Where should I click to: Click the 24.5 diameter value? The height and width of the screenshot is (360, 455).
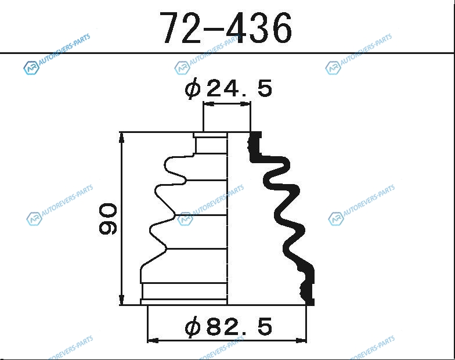239,88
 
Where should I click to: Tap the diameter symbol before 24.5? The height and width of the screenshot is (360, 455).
193,88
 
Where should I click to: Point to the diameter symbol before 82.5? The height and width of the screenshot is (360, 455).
193,327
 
